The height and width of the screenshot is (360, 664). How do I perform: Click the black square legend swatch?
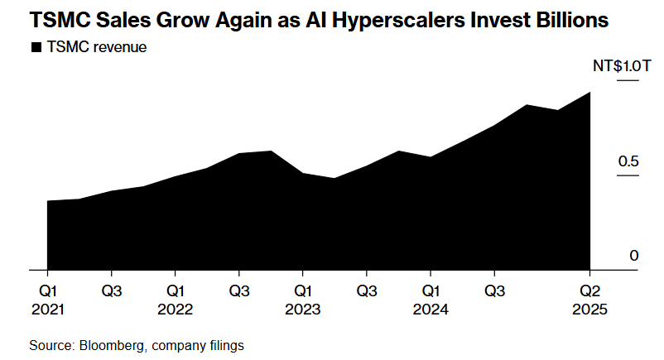(x=36, y=48)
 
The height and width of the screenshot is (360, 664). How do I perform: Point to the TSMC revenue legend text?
(x=96, y=48)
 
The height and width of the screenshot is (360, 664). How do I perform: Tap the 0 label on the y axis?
(x=633, y=256)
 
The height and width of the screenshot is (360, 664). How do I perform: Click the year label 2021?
(x=47, y=310)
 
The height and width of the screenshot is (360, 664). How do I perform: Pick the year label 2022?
(x=175, y=310)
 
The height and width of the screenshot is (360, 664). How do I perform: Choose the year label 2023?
(x=302, y=310)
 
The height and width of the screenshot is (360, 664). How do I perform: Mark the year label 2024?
(x=430, y=310)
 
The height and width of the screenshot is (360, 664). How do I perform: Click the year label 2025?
(x=589, y=310)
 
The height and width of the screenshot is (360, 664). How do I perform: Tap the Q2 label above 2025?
(x=589, y=290)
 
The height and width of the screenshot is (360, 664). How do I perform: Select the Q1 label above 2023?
(x=302, y=290)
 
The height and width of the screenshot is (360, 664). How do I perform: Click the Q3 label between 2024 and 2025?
(x=494, y=290)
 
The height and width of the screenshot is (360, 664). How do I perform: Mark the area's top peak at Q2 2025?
(x=589, y=93)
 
